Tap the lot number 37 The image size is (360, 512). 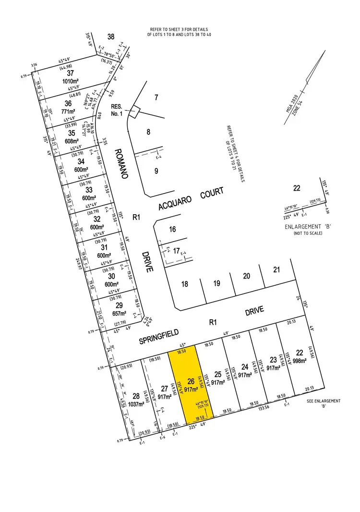71,73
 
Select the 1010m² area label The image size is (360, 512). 71,81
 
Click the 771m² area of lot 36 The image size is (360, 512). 68,111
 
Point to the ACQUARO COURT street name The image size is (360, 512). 192,199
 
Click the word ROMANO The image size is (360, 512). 120,163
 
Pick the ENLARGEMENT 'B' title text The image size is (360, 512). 308,227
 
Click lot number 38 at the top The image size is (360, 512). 111,37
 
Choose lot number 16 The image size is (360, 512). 172,230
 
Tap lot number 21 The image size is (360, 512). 276,269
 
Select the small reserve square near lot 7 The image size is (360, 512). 135,111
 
